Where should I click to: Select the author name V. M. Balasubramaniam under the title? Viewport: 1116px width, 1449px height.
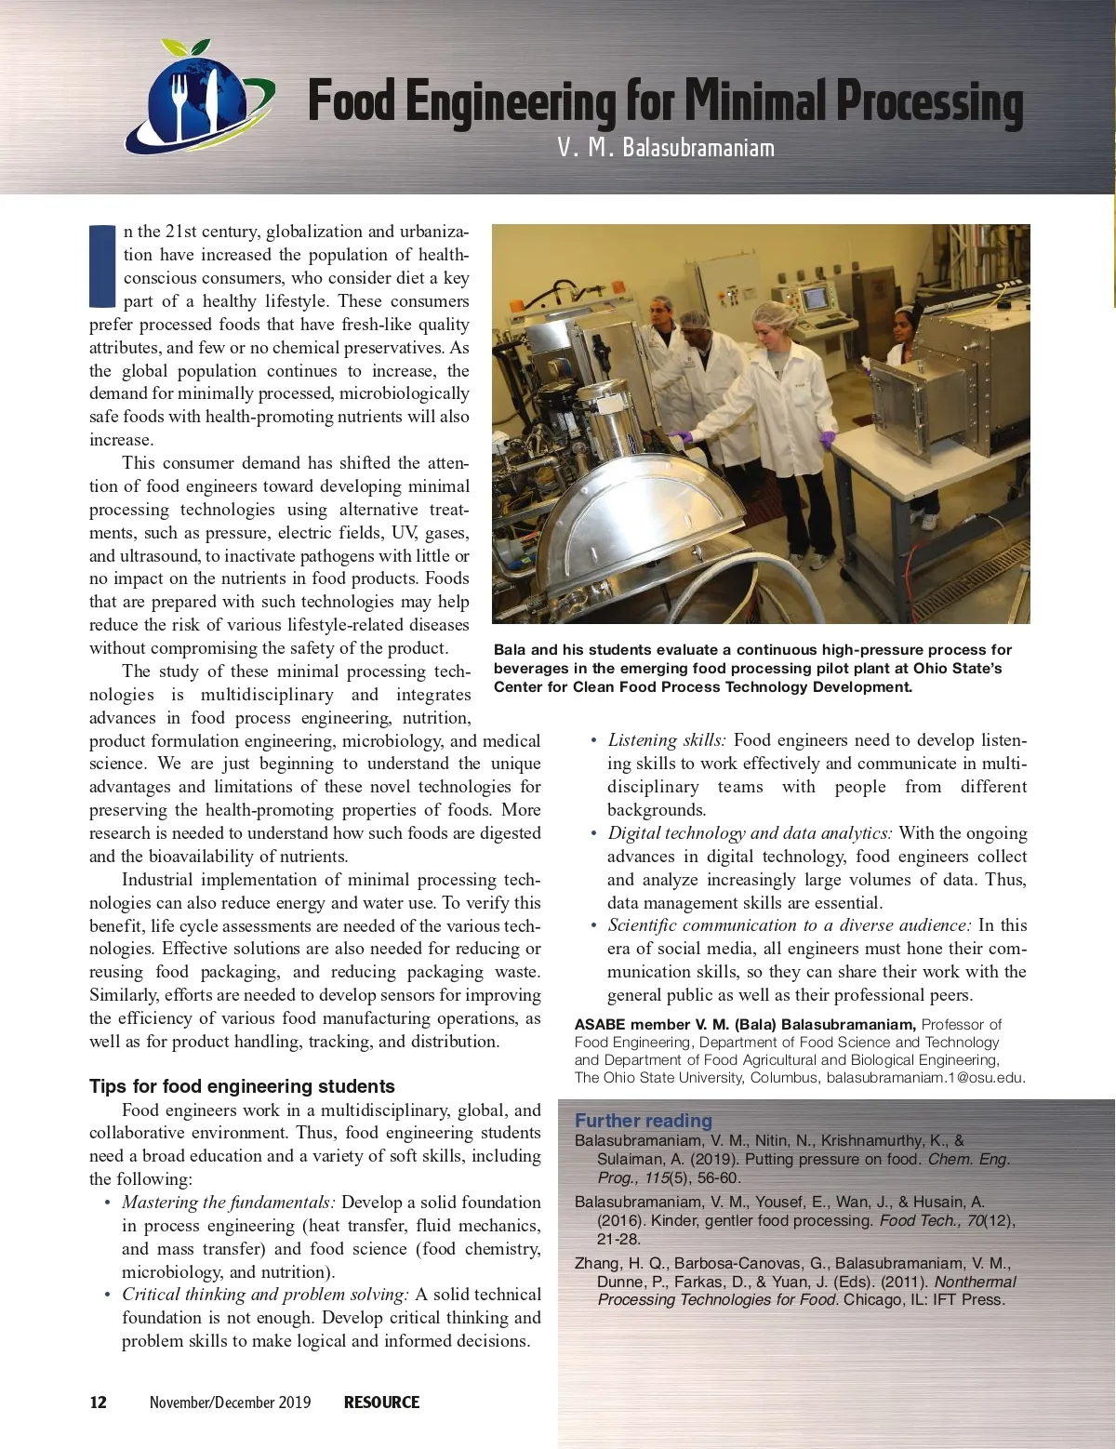click(x=666, y=148)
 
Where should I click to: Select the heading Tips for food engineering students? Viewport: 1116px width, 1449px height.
click(x=242, y=1086)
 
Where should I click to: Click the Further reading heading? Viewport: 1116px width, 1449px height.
click(x=644, y=1121)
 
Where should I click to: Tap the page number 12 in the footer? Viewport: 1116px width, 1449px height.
click(x=99, y=1402)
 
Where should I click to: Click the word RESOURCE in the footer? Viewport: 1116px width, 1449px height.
click(x=381, y=1402)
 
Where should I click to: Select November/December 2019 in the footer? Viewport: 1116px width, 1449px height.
click(x=231, y=1402)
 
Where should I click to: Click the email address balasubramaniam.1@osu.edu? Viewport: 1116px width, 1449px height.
click(x=924, y=1078)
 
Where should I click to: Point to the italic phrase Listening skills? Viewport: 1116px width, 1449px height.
click(x=666, y=740)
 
